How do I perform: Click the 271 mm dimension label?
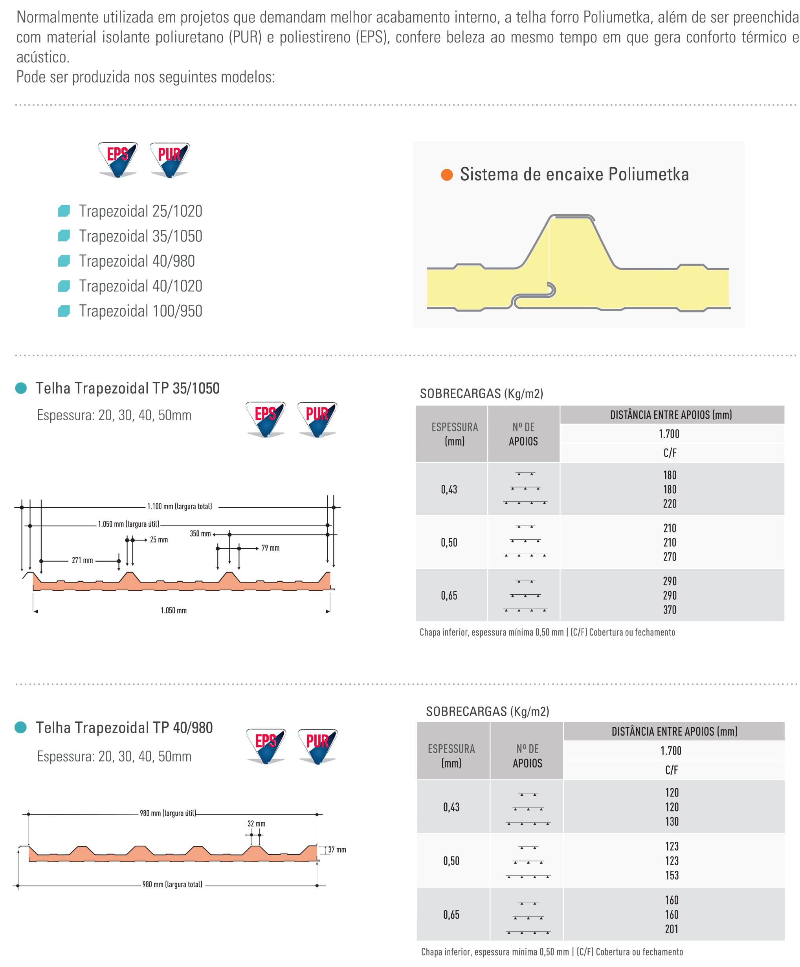82,560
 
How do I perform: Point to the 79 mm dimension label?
270,548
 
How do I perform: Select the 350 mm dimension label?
200,534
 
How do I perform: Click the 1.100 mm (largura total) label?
180,507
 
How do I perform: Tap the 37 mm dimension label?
337,850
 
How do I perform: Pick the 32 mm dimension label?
256,823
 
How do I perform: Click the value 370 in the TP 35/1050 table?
669,610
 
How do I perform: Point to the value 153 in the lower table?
672,875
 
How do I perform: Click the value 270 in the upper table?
669,557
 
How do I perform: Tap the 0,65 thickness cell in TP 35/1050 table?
449,595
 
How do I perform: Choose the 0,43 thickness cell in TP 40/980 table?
451,807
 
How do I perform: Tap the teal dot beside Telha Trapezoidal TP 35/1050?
21,388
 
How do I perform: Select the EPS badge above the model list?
118,159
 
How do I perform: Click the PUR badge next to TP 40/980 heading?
317,745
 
